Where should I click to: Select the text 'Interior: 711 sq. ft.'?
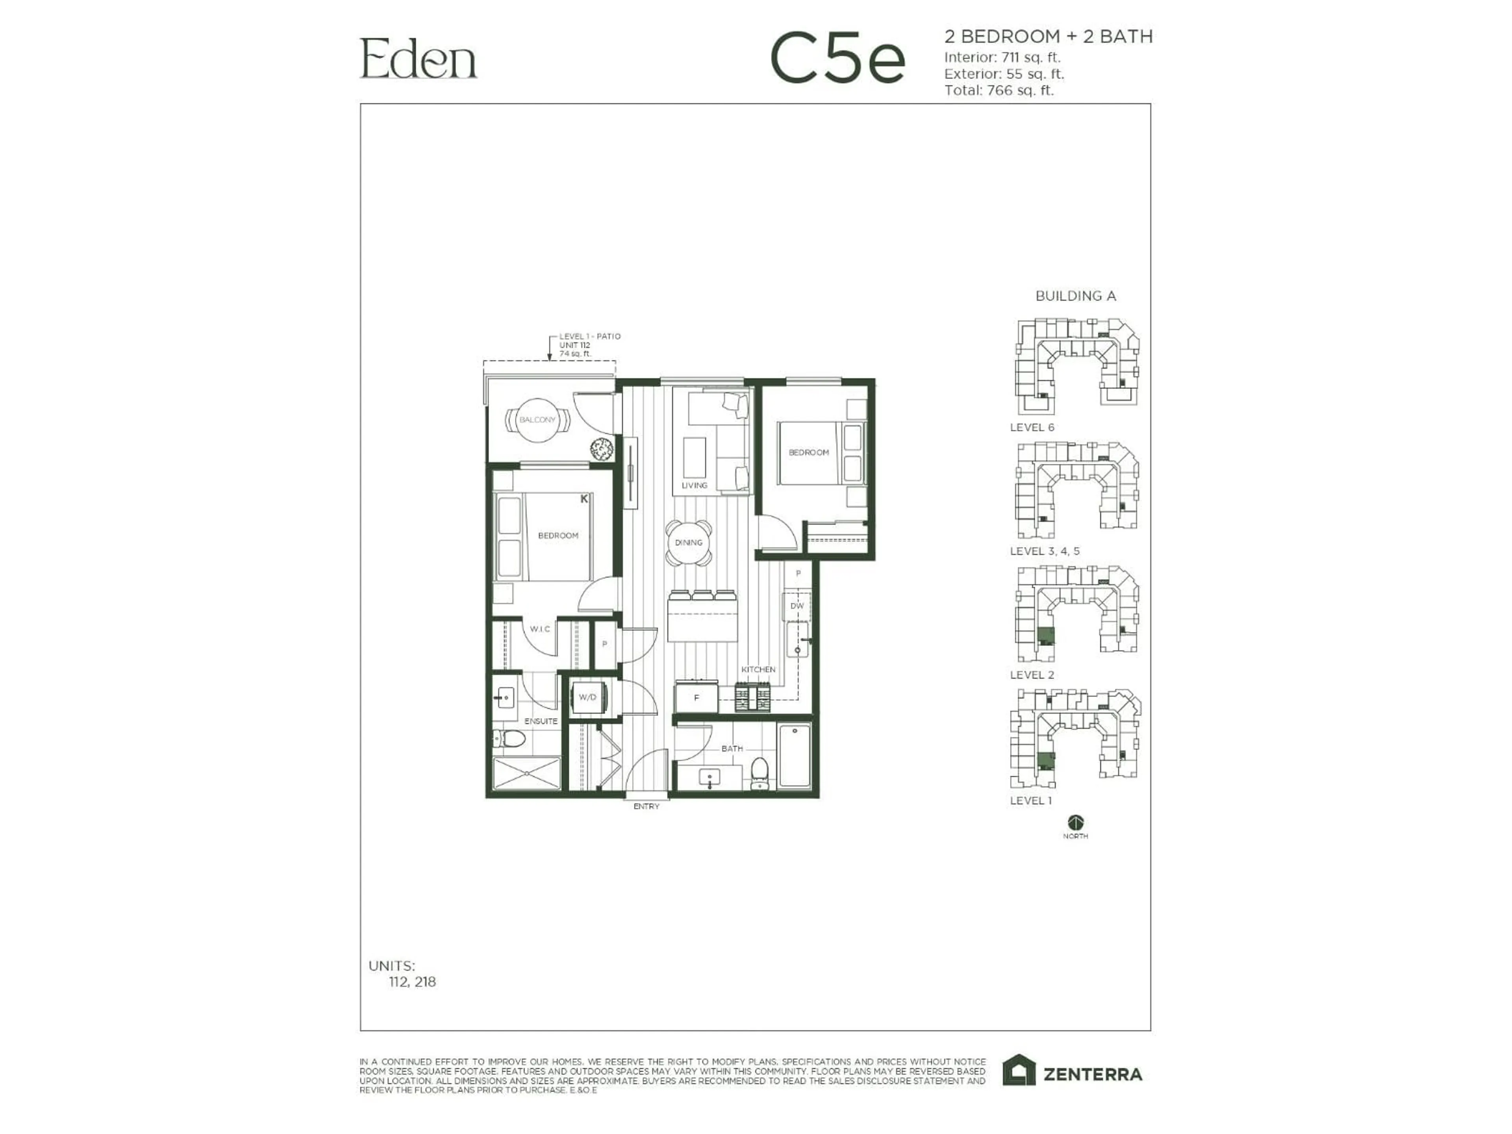point(1002,57)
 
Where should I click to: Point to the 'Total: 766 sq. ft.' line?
point(999,90)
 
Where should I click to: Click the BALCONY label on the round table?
point(537,420)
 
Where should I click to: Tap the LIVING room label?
point(694,485)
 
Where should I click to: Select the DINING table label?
point(688,543)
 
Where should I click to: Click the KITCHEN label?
point(758,669)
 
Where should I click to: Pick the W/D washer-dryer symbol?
point(587,697)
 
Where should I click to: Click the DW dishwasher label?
point(797,606)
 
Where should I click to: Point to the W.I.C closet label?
point(540,629)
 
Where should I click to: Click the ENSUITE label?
point(541,721)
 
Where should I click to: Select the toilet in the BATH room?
point(760,772)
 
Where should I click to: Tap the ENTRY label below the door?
point(646,806)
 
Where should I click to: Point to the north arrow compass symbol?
point(1075,822)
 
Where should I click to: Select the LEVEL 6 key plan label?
point(1032,427)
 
